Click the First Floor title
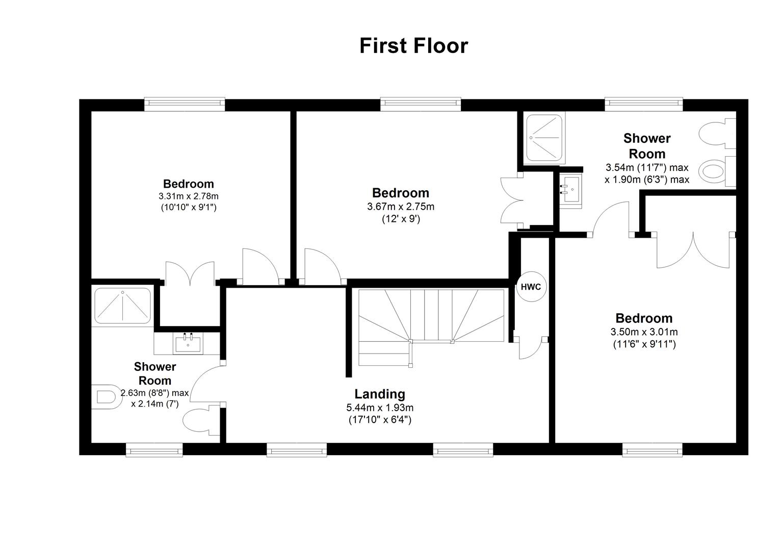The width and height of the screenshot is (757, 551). pos(413,45)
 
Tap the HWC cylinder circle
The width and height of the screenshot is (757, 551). pos(531,287)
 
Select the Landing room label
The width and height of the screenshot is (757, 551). pos(380,394)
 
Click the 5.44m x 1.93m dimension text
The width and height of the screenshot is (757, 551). pos(380,408)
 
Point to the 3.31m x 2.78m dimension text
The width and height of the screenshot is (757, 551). pos(188,196)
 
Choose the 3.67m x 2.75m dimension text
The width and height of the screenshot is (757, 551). pos(401,207)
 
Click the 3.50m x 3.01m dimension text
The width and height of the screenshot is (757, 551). pos(644,332)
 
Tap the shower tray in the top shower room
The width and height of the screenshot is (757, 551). pos(544,136)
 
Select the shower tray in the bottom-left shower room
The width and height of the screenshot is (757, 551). pos(122,305)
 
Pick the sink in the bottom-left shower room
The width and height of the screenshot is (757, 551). pos(187,343)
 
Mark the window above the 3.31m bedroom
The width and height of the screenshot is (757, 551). pos(185,105)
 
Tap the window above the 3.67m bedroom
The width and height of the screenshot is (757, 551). pos(421,105)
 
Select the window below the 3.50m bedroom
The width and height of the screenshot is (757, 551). pos(652,449)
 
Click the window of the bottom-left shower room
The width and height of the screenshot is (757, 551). pos(154,449)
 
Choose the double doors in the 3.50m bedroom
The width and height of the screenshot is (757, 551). pos(693,250)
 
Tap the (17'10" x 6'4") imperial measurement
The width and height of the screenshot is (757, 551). pos(380,420)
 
